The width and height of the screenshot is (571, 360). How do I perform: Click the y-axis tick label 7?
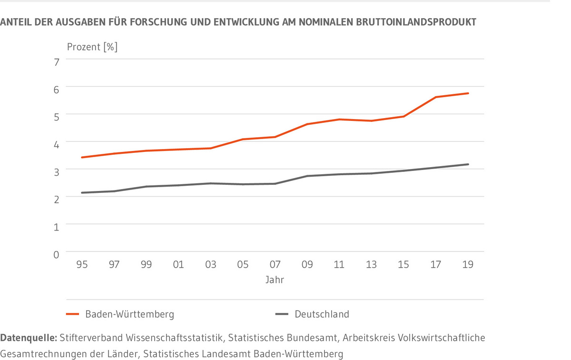56,62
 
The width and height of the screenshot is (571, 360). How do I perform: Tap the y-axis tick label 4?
56,144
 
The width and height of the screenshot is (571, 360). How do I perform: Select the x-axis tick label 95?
82,264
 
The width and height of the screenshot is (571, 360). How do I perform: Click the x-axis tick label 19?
468,264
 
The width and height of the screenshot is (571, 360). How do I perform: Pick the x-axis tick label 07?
275,264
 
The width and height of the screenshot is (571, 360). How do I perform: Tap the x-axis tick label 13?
371,264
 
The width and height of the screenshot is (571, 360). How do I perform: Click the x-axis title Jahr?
275,280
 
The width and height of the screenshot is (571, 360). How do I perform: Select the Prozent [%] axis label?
92,47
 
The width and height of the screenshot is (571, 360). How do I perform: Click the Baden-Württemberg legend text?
129,314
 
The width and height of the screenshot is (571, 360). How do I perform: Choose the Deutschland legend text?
322,314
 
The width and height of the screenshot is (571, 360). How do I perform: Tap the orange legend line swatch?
72,314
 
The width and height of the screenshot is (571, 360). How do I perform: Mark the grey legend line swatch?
282,314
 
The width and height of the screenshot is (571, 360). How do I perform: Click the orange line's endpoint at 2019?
468,93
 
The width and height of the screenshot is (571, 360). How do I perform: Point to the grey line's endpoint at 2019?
468,164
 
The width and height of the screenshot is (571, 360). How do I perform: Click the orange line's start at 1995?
82,157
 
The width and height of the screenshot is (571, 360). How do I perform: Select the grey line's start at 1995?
82,192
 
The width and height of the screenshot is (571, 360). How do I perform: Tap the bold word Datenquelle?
28,338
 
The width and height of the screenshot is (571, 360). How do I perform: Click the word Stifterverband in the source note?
90,338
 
